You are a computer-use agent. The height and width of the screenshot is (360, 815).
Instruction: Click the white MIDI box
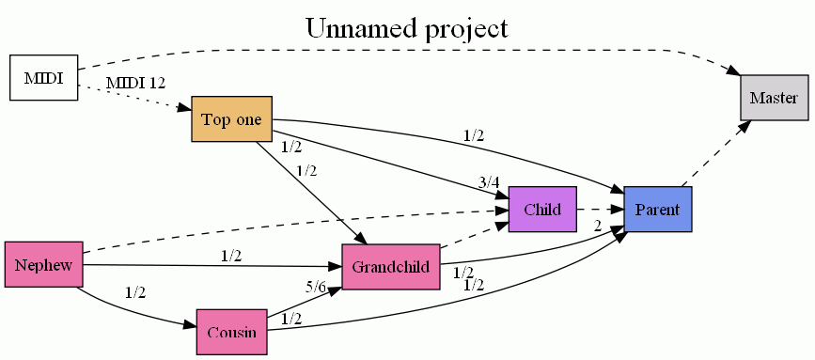42,78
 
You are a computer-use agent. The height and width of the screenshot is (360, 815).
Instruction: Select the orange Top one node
231,119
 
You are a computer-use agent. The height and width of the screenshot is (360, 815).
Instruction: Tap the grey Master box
774,98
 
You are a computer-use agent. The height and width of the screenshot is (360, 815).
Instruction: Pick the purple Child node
542,209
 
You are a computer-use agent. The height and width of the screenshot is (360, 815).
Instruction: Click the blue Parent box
658,209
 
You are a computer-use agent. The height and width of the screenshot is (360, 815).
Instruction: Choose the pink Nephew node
43,264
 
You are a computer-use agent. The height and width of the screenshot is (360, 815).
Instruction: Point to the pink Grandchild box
391,266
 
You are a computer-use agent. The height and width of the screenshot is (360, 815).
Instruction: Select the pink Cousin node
231,332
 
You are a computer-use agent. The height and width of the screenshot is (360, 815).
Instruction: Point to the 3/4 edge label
488,182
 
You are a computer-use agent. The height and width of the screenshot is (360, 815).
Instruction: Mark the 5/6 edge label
316,288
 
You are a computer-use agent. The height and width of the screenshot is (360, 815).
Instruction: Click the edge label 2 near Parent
597,225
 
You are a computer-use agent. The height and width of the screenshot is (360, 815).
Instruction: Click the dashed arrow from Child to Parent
600,209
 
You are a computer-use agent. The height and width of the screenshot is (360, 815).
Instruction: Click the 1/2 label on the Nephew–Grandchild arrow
231,255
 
